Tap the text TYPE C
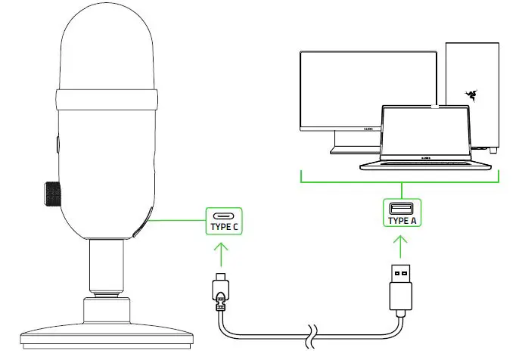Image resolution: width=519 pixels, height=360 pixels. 223,226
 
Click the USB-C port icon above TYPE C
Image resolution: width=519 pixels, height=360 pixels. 223,215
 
